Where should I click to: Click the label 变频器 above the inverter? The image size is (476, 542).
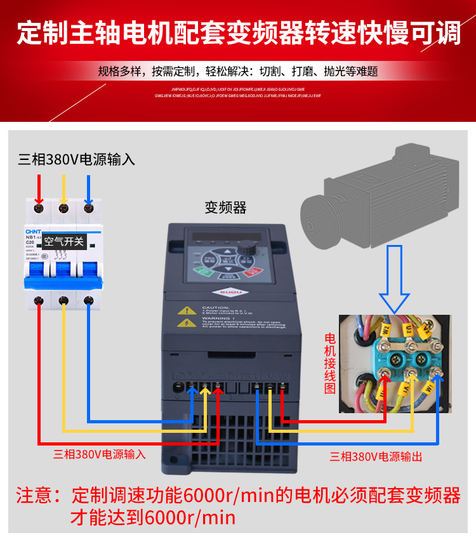tap(225, 208)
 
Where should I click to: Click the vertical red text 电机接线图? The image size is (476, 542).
tap(330, 362)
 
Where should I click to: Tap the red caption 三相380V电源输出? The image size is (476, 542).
tap(376, 456)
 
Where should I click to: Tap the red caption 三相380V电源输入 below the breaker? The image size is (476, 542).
tap(100, 454)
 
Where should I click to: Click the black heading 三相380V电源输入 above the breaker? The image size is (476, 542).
tap(76, 159)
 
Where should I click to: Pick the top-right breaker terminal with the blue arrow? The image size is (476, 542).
tap(88, 207)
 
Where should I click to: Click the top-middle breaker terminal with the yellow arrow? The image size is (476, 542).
tap(63, 207)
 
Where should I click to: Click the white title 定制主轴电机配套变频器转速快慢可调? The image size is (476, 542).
tap(238, 33)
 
